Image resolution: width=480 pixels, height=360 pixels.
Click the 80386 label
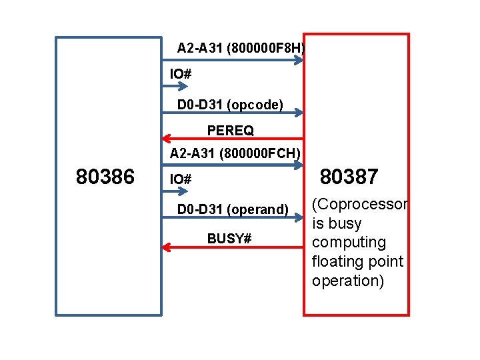coord(105,177)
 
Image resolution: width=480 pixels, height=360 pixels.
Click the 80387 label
coord(349,177)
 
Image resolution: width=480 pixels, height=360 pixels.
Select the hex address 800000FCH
coord(265,154)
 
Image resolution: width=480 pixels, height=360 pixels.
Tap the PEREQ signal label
coord(230,129)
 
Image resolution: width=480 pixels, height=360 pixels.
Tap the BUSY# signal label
coord(229,238)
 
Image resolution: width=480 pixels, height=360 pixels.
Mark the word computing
coord(349,242)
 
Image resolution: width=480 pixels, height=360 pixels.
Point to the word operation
coord(347,281)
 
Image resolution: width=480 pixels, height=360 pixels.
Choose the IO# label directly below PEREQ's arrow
coord(181,179)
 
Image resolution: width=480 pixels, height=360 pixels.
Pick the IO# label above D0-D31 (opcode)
coord(181,73)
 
